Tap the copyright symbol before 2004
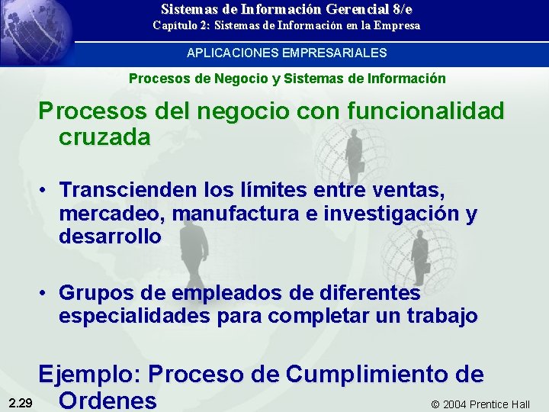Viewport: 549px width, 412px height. pos(435,404)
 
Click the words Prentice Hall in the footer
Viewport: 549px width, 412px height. pos(500,404)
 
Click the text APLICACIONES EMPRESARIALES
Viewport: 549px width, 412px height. pos(287,53)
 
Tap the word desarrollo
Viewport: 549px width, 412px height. pos(110,237)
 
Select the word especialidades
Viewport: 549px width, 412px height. pos(136,316)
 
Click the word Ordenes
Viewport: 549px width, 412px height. pos(108,400)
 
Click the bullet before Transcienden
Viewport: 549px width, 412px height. pos(46,188)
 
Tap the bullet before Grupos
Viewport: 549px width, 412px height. pos(46,294)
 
